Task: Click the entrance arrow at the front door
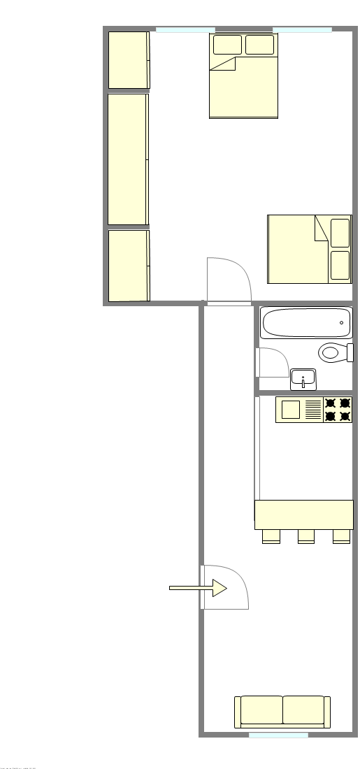[199, 589]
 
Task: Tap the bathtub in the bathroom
[306, 323]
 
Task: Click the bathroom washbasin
[303, 379]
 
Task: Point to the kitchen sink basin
[291, 410]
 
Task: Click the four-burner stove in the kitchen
[337, 410]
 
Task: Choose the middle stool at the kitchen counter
[306, 536]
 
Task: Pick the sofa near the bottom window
[282, 712]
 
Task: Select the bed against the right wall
[309, 249]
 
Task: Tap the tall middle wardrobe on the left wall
[128, 159]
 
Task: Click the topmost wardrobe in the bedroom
[129, 60]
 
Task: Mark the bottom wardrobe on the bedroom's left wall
[129, 266]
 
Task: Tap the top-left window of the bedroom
[185, 29]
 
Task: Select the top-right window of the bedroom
[302, 29]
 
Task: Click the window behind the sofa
[278, 735]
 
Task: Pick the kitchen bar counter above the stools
[304, 515]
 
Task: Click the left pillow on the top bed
[227, 45]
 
